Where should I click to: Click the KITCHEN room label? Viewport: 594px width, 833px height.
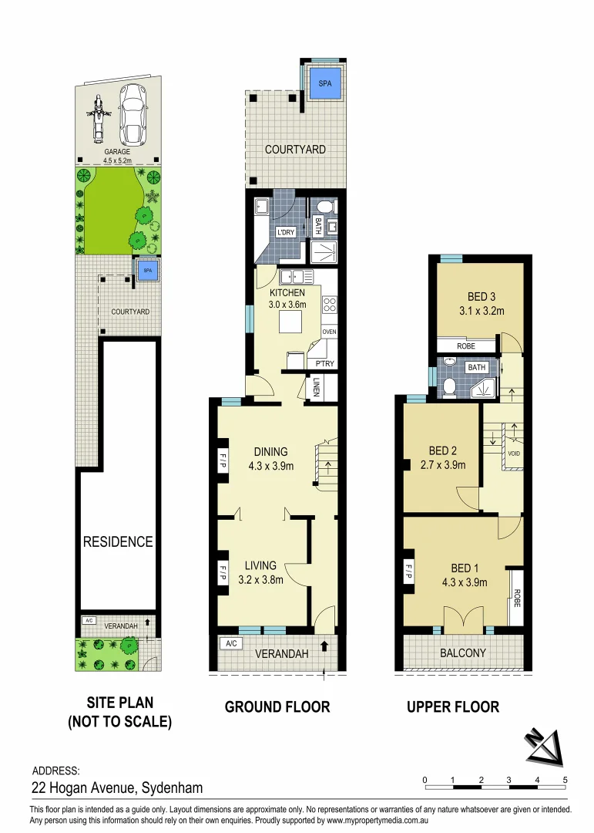pyautogui.click(x=287, y=293)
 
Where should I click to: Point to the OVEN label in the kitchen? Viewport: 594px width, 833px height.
pyautogui.click(x=330, y=332)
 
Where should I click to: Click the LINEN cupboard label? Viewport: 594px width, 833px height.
pyautogui.click(x=317, y=387)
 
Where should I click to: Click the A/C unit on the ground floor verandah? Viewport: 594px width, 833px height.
pyautogui.click(x=230, y=642)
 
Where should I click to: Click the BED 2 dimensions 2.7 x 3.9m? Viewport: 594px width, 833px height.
pyautogui.click(x=441, y=465)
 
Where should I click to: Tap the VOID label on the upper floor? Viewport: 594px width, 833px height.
pyautogui.click(x=515, y=454)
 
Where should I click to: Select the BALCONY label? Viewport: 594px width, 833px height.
pyautogui.click(x=463, y=653)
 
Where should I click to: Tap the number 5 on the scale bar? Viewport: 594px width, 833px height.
pyautogui.click(x=565, y=780)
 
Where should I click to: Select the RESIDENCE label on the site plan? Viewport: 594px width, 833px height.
pyautogui.click(x=118, y=541)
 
